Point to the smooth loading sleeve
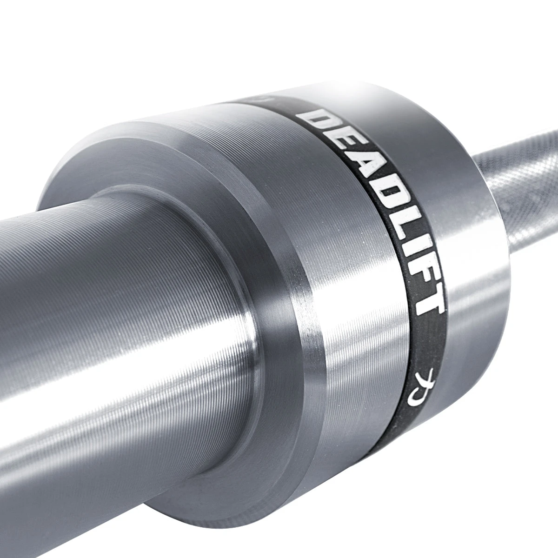[116, 302]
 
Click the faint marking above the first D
[260, 99]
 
